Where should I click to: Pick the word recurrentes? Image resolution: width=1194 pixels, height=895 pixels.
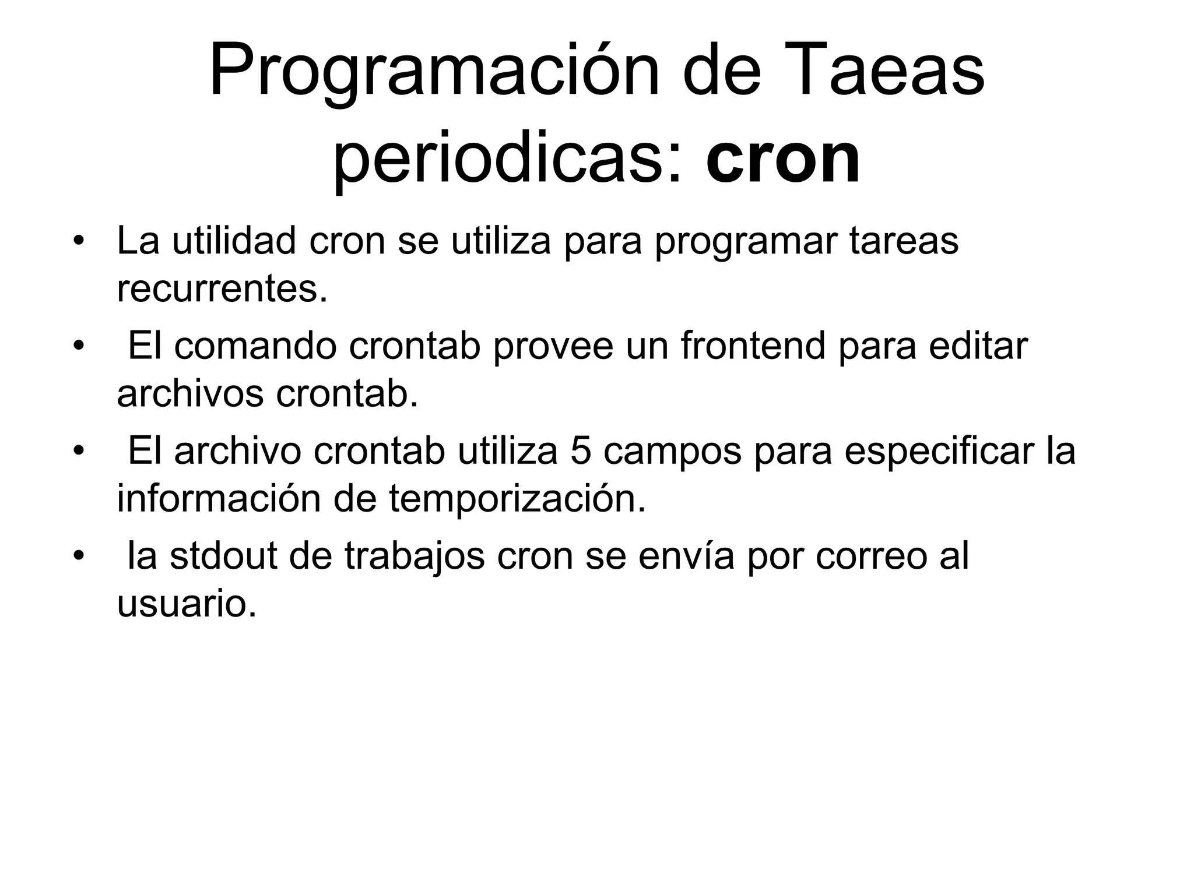tap(222, 289)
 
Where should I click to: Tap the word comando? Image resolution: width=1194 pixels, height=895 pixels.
tap(255, 346)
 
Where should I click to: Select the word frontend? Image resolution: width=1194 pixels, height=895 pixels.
tap(753, 346)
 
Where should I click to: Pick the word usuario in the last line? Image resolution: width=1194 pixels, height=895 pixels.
tap(187, 604)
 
